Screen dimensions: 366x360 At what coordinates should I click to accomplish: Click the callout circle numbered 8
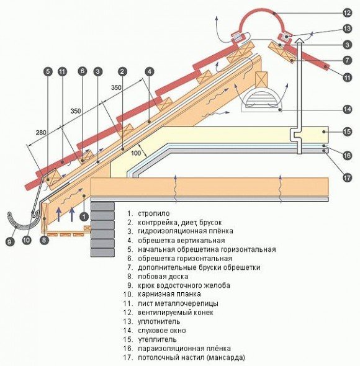pyautogui.click(x=44, y=238)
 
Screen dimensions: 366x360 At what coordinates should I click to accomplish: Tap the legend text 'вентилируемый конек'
pyautogui.click(x=177, y=313)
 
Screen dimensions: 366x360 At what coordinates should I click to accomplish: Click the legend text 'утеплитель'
pyautogui.click(x=159, y=340)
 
